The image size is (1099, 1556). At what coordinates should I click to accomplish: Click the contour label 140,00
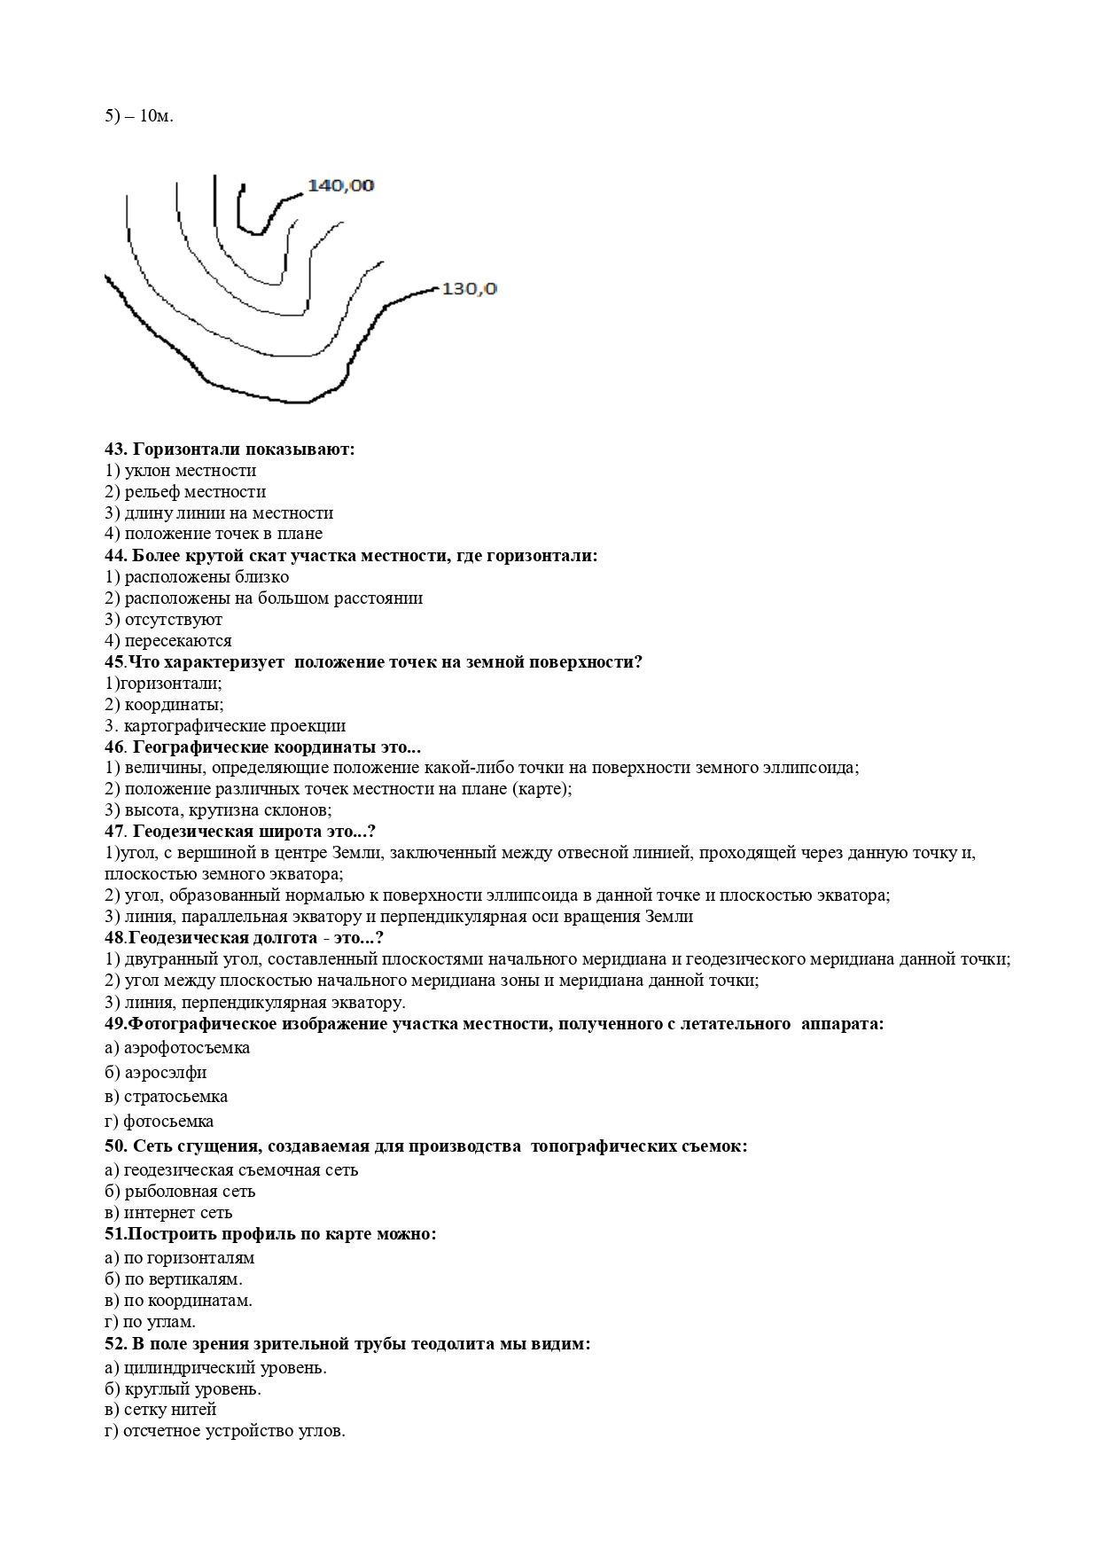coord(340,185)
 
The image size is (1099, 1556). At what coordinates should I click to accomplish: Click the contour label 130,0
coord(469,289)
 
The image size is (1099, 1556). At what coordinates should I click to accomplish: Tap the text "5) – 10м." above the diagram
coord(139,116)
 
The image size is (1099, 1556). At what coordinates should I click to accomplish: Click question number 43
coord(115,450)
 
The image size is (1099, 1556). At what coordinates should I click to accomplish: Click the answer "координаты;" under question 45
coord(174,705)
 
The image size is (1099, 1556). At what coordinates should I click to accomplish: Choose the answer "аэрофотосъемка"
coord(186,1048)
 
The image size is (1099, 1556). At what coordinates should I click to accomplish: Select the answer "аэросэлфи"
coord(165,1073)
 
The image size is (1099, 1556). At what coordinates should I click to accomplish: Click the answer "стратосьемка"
coord(175,1097)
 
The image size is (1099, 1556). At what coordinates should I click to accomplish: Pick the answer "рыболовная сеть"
coord(189,1192)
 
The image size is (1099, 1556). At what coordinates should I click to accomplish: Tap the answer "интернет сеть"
coord(177,1213)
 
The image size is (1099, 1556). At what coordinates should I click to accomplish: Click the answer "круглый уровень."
coord(192,1389)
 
